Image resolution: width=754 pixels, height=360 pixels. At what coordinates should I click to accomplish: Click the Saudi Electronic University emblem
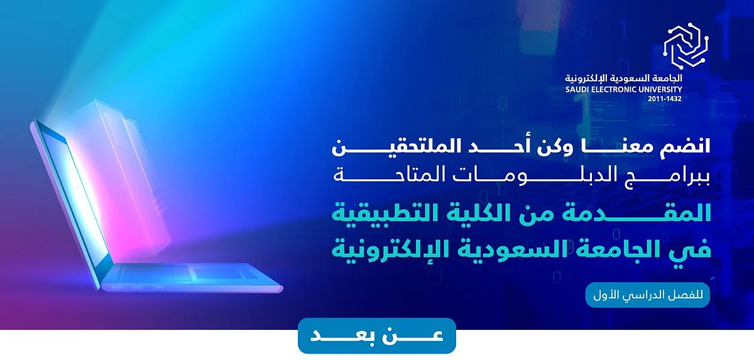point(686,45)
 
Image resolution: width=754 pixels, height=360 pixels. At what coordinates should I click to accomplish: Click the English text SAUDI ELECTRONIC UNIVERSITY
point(624,90)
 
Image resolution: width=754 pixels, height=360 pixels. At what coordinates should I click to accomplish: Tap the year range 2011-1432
point(665,99)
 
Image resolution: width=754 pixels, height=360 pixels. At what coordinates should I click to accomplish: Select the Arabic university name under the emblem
point(624,79)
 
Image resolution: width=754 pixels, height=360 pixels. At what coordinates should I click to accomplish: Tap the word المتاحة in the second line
point(386,176)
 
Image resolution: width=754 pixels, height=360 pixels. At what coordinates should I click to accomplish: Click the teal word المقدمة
point(623,214)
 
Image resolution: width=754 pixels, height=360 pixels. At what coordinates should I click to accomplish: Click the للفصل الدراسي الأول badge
point(648,295)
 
